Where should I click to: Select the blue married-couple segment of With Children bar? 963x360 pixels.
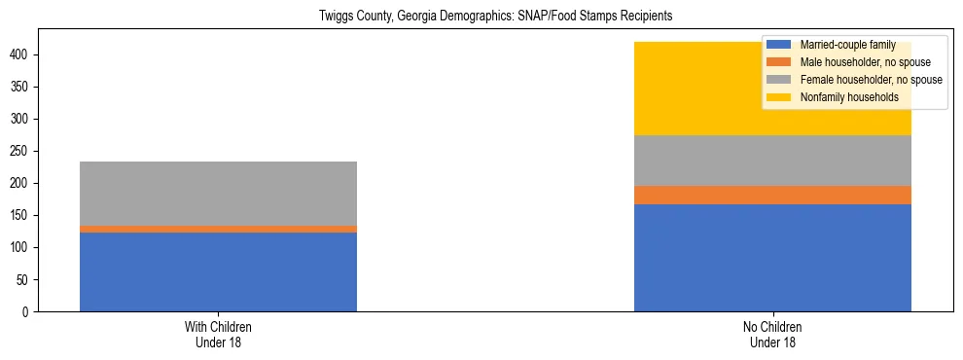[x=218, y=271]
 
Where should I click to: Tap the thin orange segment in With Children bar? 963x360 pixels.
[x=218, y=229]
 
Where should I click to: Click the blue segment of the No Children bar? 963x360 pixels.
[x=772, y=258]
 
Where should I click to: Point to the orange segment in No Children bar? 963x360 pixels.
[x=772, y=195]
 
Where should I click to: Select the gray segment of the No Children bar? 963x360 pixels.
[x=772, y=161]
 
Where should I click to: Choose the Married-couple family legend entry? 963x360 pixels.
[x=847, y=45]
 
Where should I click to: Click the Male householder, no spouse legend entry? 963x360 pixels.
[x=854, y=62]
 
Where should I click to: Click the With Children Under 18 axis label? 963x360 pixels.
[x=218, y=334]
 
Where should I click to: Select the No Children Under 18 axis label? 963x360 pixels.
[x=772, y=334]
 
